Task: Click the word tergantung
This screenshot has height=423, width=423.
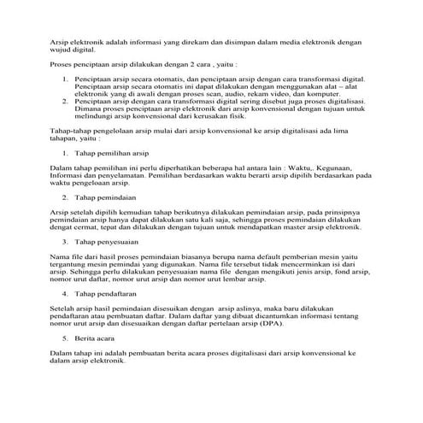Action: tap(68, 263)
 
